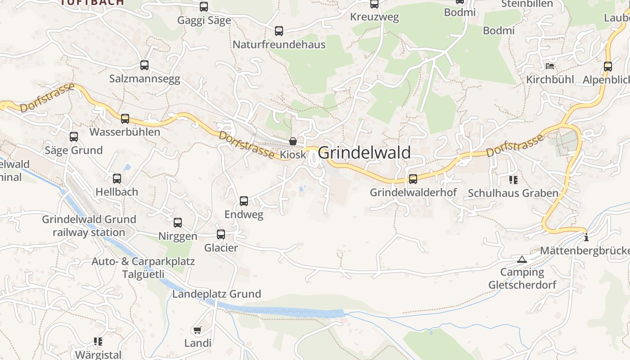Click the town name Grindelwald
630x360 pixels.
(364, 153)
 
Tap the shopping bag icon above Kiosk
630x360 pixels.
(293, 141)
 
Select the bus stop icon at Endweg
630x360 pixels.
(244, 201)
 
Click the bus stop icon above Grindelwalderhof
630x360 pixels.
(413, 179)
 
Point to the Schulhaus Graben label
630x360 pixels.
(513, 193)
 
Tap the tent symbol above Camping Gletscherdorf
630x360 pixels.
(522, 259)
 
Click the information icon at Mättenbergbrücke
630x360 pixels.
(585, 237)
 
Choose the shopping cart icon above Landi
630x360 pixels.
(197, 330)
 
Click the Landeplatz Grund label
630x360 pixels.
(216, 294)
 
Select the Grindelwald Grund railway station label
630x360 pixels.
(89, 226)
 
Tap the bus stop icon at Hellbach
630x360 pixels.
(117, 179)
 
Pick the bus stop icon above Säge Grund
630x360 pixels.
(74, 137)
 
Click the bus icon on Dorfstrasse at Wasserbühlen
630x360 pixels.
(125, 119)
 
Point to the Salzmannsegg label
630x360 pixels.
(144, 79)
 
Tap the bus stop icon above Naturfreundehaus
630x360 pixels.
(279, 31)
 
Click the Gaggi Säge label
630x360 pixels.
(204, 20)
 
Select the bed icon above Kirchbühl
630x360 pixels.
(549, 66)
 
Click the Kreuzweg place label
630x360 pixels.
(374, 17)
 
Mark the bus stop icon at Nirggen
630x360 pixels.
(178, 223)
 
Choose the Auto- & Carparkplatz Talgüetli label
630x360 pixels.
(143, 268)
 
